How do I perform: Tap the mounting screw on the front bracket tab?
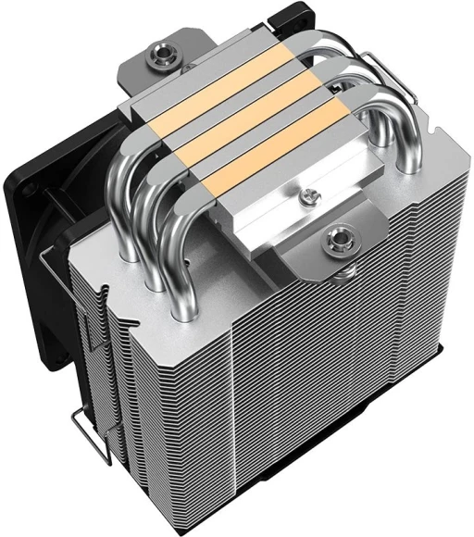(334, 245)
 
